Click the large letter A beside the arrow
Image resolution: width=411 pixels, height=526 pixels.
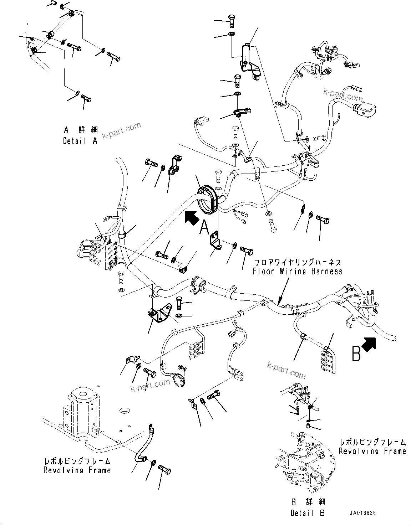(x=204, y=227)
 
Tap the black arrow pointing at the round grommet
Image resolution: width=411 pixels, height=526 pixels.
(x=192, y=217)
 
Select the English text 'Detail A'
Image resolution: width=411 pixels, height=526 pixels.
(x=80, y=141)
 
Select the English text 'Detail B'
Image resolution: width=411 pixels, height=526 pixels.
(x=308, y=513)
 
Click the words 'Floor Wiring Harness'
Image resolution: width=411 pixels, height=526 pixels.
(x=298, y=272)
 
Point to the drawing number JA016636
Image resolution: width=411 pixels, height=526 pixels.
(x=362, y=514)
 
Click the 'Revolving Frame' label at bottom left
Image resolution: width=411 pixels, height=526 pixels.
(x=77, y=470)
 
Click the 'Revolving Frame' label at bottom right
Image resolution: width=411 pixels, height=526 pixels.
(x=372, y=451)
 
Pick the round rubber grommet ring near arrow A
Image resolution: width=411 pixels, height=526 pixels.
(x=207, y=200)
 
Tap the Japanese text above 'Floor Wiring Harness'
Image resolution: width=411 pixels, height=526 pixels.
(x=297, y=263)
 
